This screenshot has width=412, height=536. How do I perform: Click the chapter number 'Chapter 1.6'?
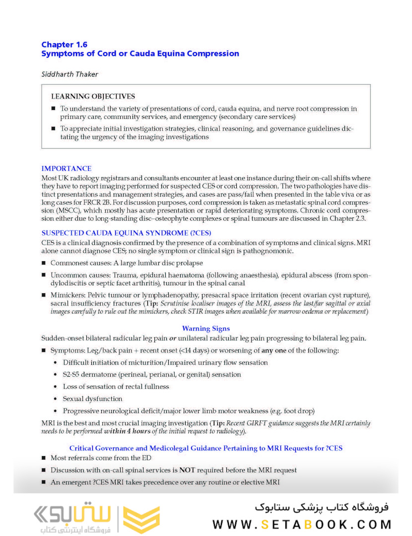[x=64, y=45]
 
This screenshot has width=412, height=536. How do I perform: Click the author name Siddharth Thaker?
[x=69, y=73]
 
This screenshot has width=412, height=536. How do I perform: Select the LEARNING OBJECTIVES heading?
[x=93, y=96]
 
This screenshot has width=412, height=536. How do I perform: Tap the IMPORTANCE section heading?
[x=66, y=169]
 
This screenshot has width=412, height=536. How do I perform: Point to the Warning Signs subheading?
[x=206, y=329]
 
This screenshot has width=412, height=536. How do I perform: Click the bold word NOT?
[x=186, y=469]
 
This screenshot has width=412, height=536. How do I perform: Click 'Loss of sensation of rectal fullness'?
[x=116, y=387]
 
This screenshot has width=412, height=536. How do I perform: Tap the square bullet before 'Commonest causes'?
[x=44, y=263]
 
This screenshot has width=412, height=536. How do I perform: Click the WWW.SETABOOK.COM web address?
[x=302, y=525]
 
